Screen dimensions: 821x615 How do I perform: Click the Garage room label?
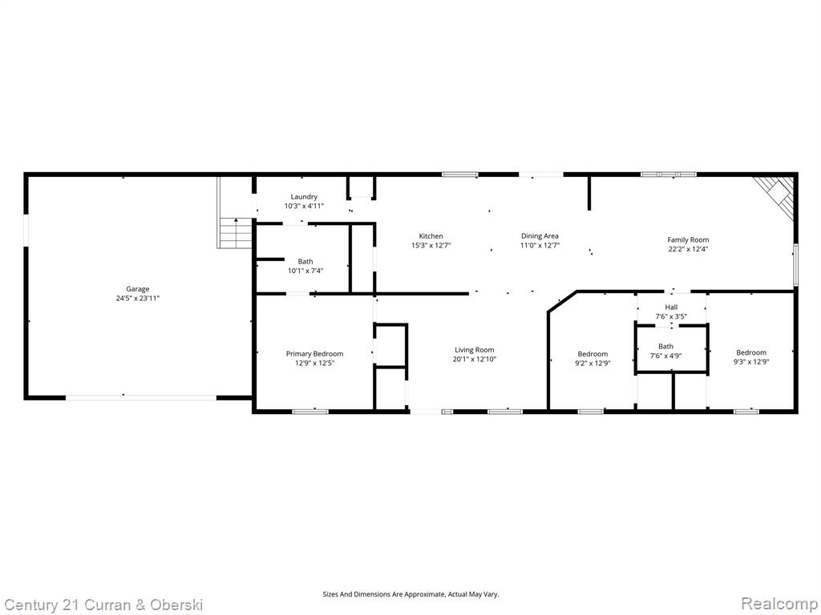(138, 288)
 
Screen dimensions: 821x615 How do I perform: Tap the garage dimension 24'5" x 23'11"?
(138, 298)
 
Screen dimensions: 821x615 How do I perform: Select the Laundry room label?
(304, 197)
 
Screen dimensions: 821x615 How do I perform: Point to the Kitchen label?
(431, 236)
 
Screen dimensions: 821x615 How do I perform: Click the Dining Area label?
(540, 236)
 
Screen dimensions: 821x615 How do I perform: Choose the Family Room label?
(688, 240)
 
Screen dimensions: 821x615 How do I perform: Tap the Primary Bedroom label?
(314, 354)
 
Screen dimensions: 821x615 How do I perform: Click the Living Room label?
(475, 350)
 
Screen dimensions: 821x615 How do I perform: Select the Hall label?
(671, 307)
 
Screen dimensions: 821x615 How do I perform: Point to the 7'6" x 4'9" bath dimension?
(666, 356)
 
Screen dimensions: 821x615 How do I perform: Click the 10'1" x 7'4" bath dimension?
(305, 271)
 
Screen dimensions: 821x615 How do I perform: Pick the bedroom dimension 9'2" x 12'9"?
(592, 363)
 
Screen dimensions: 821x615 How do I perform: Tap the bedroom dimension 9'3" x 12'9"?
(751, 361)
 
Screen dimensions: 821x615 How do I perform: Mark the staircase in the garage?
(235, 213)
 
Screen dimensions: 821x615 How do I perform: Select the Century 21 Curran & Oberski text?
(103, 605)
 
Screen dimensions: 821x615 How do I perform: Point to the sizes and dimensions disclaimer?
(410, 594)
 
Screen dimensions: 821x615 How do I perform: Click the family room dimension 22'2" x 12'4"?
(688, 249)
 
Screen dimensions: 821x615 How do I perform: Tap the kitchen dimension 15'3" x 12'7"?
(431, 245)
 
